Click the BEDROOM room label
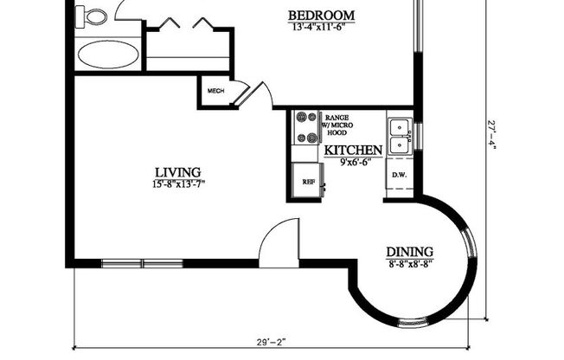[x=321, y=15]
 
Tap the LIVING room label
[x=178, y=171]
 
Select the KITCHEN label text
[x=353, y=151]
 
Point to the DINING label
[x=409, y=252]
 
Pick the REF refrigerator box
[x=308, y=182]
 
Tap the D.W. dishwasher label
[x=399, y=176]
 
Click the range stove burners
[x=306, y=126]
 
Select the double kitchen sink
[x=399, y=136]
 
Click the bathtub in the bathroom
[x=108, y=55]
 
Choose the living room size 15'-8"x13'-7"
[x=178, y=183]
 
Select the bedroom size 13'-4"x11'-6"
[x=321, y=27]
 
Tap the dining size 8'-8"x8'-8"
[x=409, y=264]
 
